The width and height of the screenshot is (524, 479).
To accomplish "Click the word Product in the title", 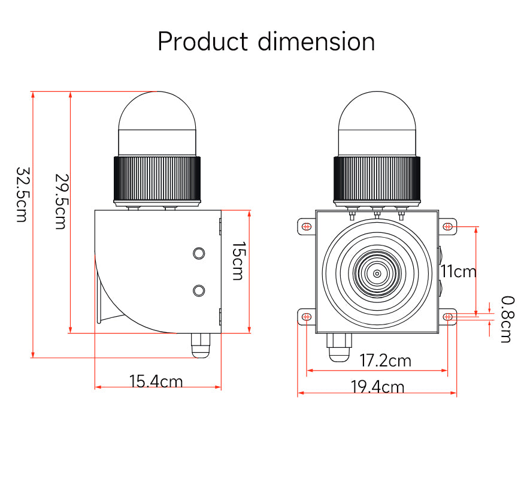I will coord(202,42).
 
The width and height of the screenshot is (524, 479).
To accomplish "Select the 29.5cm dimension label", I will coord(60,201).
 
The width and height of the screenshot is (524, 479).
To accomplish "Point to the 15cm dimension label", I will coord(238,261).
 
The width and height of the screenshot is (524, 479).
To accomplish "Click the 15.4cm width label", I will coord(156,381).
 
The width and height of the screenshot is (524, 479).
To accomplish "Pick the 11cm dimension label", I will coord(459,271).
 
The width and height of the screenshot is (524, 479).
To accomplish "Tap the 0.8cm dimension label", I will coord(506,319).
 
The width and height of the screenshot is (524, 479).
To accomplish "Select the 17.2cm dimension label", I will coord(385,360).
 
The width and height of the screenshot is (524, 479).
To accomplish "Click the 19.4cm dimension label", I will coord(377,387).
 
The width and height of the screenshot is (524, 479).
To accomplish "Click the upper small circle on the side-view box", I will coord(199,253).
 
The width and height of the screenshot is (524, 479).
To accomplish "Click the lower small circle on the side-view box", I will coord(199,290).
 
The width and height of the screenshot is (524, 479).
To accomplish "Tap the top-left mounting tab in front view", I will coord(306,227).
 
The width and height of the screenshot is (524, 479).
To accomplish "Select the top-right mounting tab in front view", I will coord(447,227).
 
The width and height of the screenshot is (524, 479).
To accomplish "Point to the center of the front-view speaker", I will coord(377,274).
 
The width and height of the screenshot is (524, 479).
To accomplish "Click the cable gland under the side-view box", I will coord(199,345).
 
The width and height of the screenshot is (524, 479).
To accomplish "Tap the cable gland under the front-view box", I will coord(339,347).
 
